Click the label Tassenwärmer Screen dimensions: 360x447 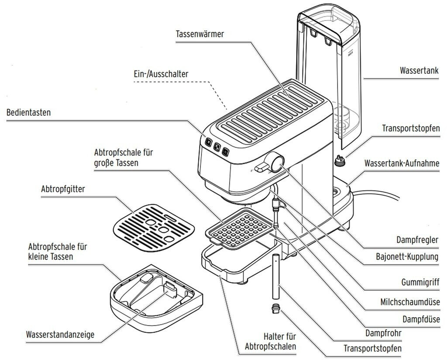200,34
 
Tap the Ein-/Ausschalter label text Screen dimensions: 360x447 161,74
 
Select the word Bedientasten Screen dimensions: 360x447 28,113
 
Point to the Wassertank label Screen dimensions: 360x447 419,70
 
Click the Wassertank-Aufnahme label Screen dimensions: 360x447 402,163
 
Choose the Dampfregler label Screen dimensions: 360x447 417,239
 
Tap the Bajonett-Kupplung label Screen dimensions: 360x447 407,256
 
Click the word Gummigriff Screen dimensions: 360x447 419,283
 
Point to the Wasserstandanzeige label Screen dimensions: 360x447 60,336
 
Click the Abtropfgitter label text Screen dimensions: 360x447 63,189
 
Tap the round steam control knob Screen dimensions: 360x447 277,163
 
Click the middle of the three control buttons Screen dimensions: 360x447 217,147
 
